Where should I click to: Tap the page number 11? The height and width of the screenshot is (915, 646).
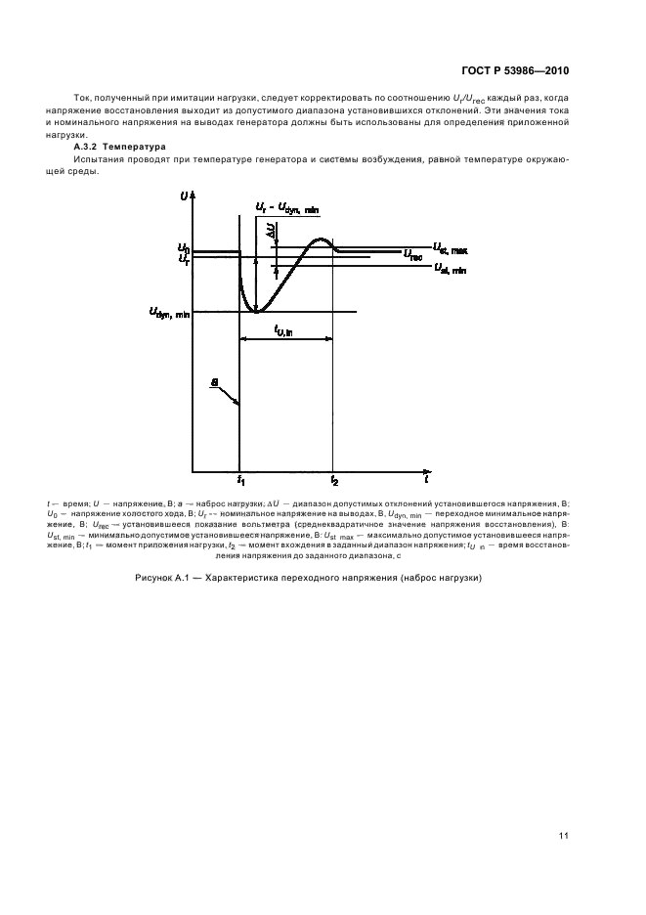(564, 834)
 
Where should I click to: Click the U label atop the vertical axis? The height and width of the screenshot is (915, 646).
(185, 197)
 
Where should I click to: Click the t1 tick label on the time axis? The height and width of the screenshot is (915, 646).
(240, 482)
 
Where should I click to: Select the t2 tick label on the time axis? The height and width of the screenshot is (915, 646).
(333, 482)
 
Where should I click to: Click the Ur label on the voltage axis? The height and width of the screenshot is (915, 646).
(183, 260)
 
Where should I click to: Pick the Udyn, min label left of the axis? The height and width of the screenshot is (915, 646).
(169, 313)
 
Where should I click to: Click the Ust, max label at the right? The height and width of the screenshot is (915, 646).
(450, 249)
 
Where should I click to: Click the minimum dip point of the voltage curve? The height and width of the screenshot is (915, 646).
(256, 311)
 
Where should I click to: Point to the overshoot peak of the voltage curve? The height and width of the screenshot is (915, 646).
(320, 240)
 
